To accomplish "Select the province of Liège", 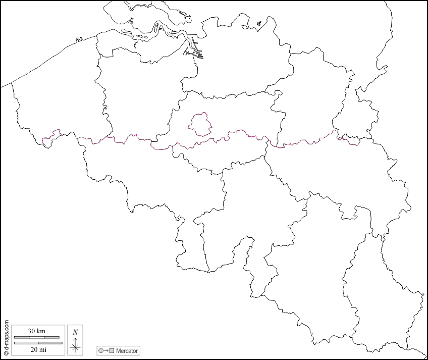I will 338,172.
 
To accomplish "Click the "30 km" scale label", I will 37,331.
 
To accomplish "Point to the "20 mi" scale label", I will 37,349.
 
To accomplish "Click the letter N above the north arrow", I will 75,332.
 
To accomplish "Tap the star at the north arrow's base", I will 75,347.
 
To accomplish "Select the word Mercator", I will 127,350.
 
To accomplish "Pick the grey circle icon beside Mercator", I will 101,350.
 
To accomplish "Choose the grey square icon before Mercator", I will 112,350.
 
